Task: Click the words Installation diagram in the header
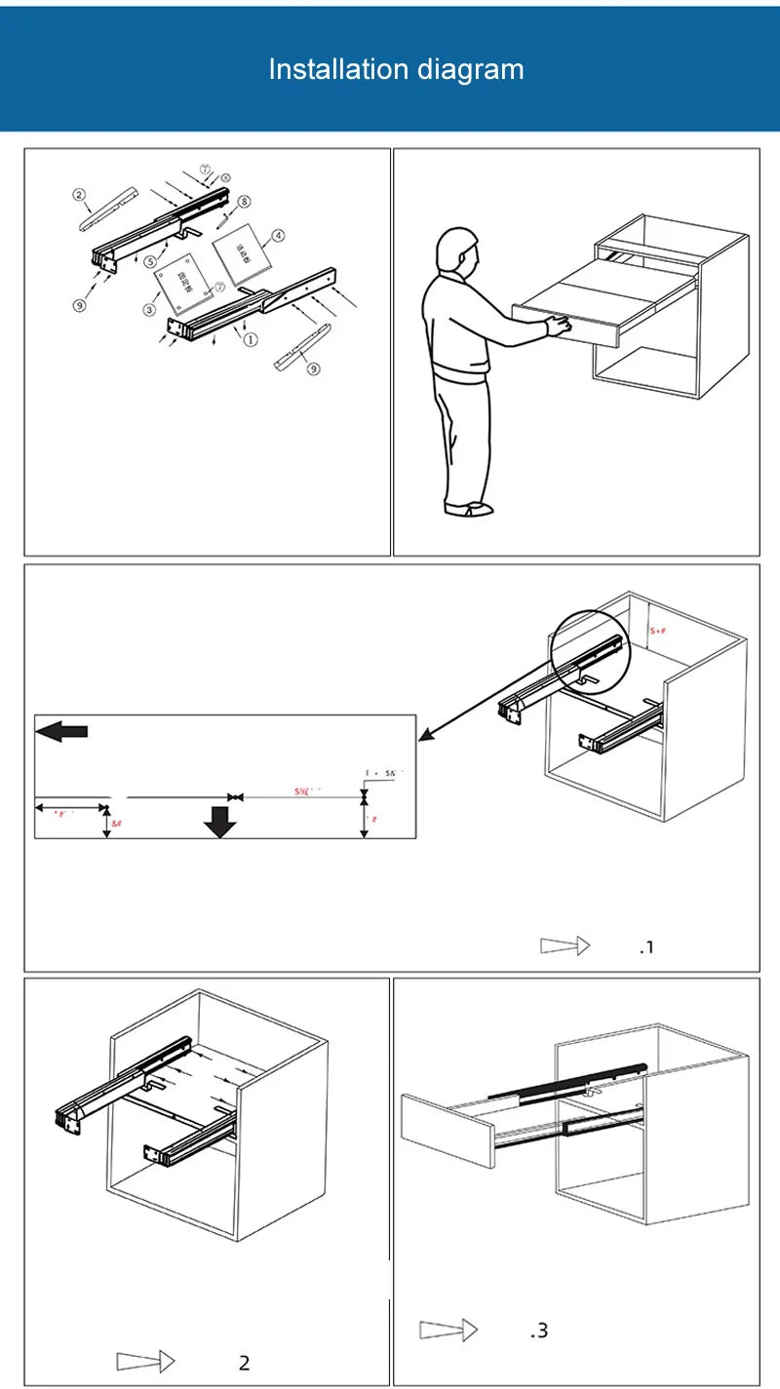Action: [396, 69]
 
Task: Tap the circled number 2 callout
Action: [79, 194]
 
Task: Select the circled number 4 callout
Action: [278, 235]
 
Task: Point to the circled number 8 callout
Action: [244, 202]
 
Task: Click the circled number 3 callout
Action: [150, 310]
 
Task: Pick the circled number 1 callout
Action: [251, 340]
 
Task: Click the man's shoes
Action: [470, 508]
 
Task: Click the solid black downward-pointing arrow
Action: [220, 825]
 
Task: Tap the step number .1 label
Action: [646, 947]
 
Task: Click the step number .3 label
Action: [539, 1331]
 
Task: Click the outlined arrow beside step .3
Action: [448, 1330]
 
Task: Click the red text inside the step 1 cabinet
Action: [658, 631]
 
